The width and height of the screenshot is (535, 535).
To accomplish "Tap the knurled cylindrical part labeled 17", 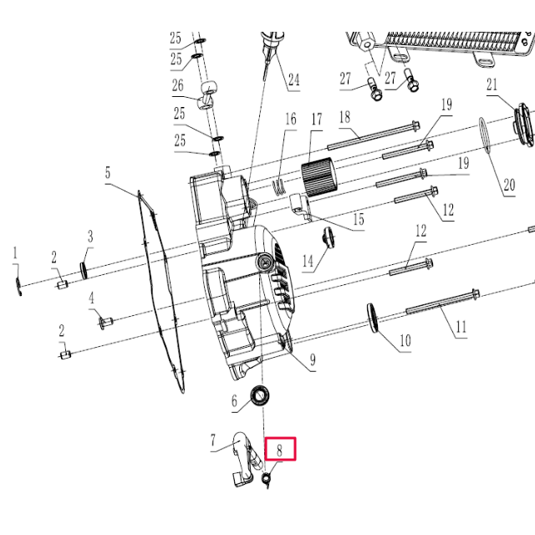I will click(x=317, y=177).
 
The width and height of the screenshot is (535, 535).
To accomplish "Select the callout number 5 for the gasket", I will click(x=108, y=174).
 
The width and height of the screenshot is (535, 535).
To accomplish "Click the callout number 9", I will click(x=312, y=360).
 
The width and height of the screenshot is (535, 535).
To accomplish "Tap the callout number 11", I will click(x=461, y=328).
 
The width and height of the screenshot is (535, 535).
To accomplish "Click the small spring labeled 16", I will click(x=280, y=186).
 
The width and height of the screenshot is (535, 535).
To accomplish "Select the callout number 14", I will click(x=308, y=261).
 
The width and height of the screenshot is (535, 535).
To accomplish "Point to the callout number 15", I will click(x=357, y=220).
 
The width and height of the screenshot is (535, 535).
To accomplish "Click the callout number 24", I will click(x=293, y=80).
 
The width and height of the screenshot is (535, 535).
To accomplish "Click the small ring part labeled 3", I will click(x=85, y=269).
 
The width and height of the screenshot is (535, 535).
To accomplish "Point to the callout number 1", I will click(x=14, y=252).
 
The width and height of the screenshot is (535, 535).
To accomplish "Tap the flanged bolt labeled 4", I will click(x=105, y=321).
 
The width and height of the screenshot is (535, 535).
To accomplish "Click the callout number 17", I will click(x=316, y=120).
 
